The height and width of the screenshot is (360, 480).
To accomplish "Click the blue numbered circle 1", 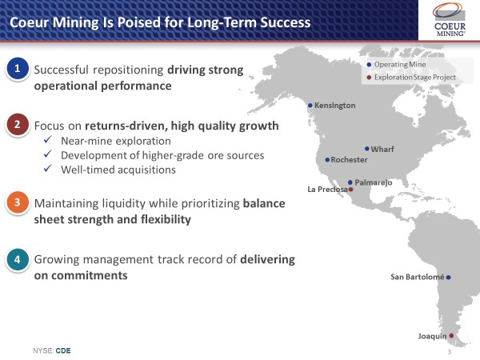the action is tap(18, 69).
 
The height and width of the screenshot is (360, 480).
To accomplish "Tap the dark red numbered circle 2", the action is tap(18, 125).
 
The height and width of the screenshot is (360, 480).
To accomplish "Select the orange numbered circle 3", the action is tap(18, 202).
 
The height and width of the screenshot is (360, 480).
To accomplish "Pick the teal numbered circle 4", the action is tap(18, 259).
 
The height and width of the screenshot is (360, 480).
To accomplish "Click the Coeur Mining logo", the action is tap(449, 19).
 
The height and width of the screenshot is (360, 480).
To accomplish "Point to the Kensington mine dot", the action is tap(310, 106).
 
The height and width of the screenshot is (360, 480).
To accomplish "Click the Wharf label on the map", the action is tap(382, 150).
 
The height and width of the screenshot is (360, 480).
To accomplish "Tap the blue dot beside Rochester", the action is tap(327, 160).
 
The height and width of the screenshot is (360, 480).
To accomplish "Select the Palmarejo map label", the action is tap(374, 182).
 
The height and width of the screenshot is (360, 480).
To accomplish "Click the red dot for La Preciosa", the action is tap(351, 190).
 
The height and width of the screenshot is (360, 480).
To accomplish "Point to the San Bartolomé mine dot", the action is tap(448, 278).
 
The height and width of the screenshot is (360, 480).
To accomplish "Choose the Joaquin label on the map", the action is tap(432, 337).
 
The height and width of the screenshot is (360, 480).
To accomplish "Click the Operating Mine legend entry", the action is tap(396, 65).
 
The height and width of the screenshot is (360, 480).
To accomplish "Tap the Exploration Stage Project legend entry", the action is tap(411, 78).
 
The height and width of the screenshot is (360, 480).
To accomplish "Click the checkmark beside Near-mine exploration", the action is tap(48, 140).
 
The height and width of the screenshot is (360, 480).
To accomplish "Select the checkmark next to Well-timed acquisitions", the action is tap(48, 168).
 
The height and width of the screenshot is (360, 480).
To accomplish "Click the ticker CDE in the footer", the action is tap(63, 350).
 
